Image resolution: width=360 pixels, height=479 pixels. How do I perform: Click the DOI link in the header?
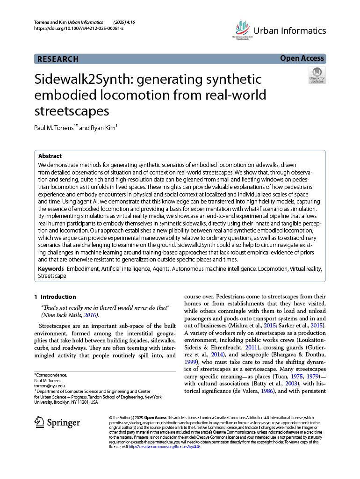tap(79, 29)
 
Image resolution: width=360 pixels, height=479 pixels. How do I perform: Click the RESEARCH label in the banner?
tap(58, 59)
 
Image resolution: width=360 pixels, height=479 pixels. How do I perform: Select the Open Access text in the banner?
tap(302, 58)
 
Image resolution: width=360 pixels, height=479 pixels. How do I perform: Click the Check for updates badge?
tap(317, 75)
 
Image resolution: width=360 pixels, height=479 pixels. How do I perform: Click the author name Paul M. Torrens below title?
tap(55, 128)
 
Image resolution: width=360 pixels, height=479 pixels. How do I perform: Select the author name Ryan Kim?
tap(103, 128)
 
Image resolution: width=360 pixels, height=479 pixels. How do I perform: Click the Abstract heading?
tap(50, 156)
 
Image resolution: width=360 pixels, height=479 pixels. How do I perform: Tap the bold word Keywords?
tap(51, 269)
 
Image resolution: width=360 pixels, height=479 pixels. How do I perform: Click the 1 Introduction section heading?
tap(55, 297)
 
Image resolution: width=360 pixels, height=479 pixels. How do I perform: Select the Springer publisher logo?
tap(58, 422)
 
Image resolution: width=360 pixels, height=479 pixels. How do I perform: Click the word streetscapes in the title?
tap(72, 111)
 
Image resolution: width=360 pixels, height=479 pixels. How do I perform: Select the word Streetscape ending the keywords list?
tap(52, 276)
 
